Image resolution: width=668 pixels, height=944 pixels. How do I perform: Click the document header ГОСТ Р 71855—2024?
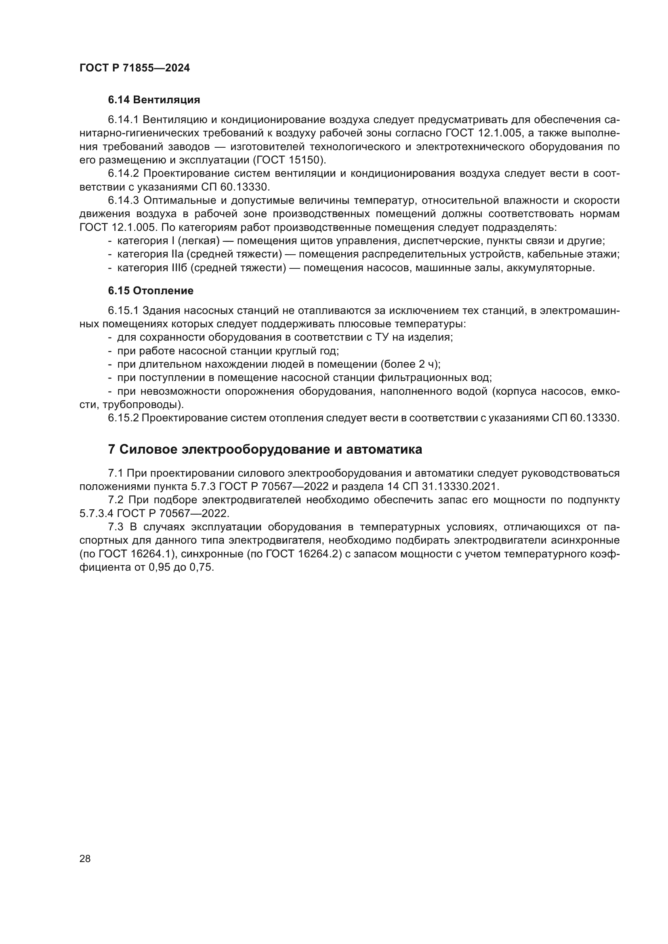click(x=134, y=68)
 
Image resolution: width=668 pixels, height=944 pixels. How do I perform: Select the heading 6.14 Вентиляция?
click(x=154, y=100)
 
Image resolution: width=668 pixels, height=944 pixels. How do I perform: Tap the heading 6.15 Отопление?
click(x=151, y=291)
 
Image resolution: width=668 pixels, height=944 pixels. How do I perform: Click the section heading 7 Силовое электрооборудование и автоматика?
click(x=265, y=449)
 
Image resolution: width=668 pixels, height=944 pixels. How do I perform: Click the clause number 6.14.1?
click(x=124, y=119)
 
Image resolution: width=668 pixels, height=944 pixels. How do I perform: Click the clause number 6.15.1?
click(x=124, y=310)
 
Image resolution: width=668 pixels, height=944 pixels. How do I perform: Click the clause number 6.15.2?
click(x=124, y=418)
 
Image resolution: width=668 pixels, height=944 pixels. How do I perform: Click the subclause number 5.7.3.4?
click(x=96, y=513)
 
